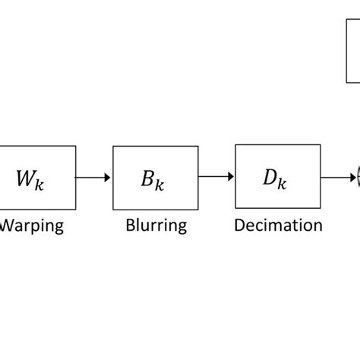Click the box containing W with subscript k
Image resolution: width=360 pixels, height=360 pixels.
point(38,178)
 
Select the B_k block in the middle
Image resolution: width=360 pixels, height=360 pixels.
point(150,178)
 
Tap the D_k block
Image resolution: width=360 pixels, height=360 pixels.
point(273,178)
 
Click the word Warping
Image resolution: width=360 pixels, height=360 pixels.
point(32,226)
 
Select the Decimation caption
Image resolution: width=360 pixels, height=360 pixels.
point(278,226)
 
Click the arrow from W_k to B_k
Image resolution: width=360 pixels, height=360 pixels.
point(93,178)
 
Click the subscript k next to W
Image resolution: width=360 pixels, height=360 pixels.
point(39,185)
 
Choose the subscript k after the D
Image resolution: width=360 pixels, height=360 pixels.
point(284,185)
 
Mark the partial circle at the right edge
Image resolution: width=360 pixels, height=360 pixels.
point(357,178)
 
